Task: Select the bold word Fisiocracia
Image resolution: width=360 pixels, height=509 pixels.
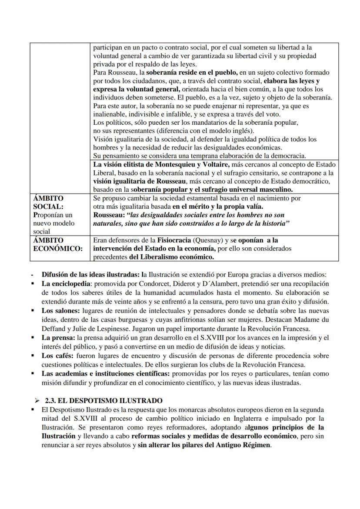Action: [x=155, y=240]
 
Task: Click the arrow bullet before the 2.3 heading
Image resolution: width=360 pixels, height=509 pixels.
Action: [x=37, y=400]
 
